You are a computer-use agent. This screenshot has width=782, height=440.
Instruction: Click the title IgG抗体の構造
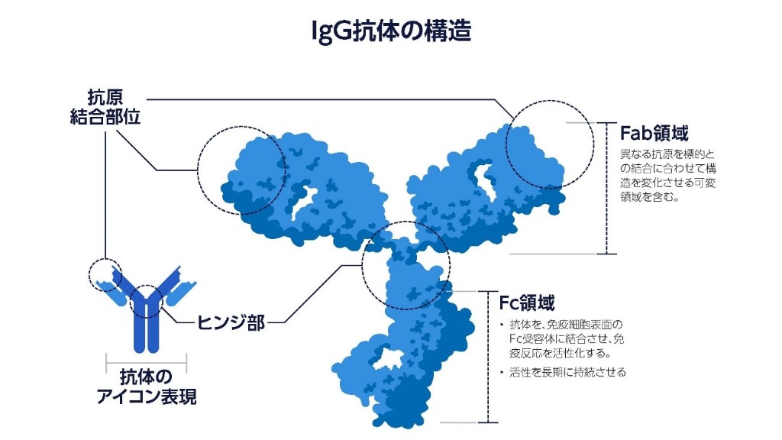coord(391,31)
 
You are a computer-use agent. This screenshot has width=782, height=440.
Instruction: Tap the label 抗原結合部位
coord(105,107)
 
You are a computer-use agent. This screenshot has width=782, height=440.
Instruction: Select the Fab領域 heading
coord(654,133)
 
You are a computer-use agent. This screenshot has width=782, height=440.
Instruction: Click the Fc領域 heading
coord(527,302)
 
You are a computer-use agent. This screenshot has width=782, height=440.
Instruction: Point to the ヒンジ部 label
coord(231,322)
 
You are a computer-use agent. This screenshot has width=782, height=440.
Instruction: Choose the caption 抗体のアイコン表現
coord(147,387)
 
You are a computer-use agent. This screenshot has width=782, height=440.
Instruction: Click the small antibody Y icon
coord(146,309)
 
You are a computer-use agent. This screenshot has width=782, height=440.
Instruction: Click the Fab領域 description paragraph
coord(667,176)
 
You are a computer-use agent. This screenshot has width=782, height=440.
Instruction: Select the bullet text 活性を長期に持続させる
coord(567,372)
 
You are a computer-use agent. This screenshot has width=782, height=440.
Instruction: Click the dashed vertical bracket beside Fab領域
coord(607,188)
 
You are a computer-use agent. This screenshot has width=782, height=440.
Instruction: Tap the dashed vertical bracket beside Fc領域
coord(488,357)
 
